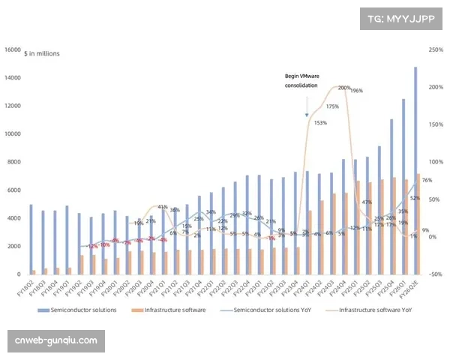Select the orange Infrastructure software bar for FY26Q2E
click(419, 225)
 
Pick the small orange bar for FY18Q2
click(34, 271)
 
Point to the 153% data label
click(319, 122)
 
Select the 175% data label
click(332, 106)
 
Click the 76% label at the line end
click(426, 181)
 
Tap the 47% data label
click(367, 202)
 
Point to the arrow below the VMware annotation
click(307, 109)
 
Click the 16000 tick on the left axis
click(13, 50)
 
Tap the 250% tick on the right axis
click(436, 50)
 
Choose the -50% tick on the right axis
click(436, 274)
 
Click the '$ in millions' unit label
click(42, 54)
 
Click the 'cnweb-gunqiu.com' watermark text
click(56, 341)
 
